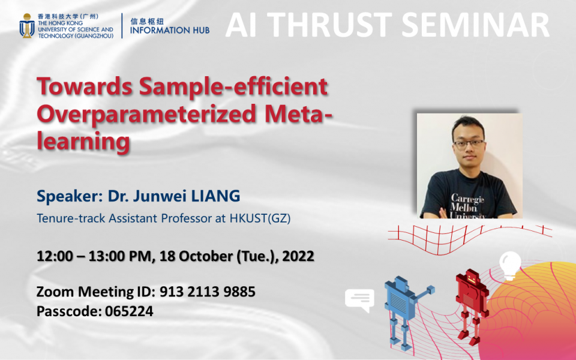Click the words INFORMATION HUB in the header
[x=170, y=29]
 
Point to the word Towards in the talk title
[x=83, y=88]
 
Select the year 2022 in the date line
[x=297, y=256]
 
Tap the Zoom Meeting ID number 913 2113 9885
[x=208, y=292]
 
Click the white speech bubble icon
[x=359, y=299]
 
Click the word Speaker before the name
[x=63, y=196]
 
